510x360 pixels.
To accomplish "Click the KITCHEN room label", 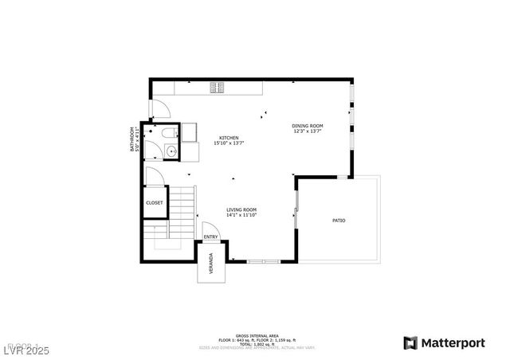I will (229, 138).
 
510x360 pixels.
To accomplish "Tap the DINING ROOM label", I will (307, 125).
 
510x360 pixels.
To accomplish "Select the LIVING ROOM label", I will (241, 209).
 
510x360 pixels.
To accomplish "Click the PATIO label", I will (339, 220).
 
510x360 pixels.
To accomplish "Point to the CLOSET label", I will (155, 203).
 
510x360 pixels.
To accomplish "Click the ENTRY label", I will (210, 237).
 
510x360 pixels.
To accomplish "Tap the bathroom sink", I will (171, 151).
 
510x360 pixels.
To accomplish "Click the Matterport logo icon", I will (410, 342).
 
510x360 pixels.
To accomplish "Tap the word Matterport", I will (453, 342).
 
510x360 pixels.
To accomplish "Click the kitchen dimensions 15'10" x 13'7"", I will (229, 143).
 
